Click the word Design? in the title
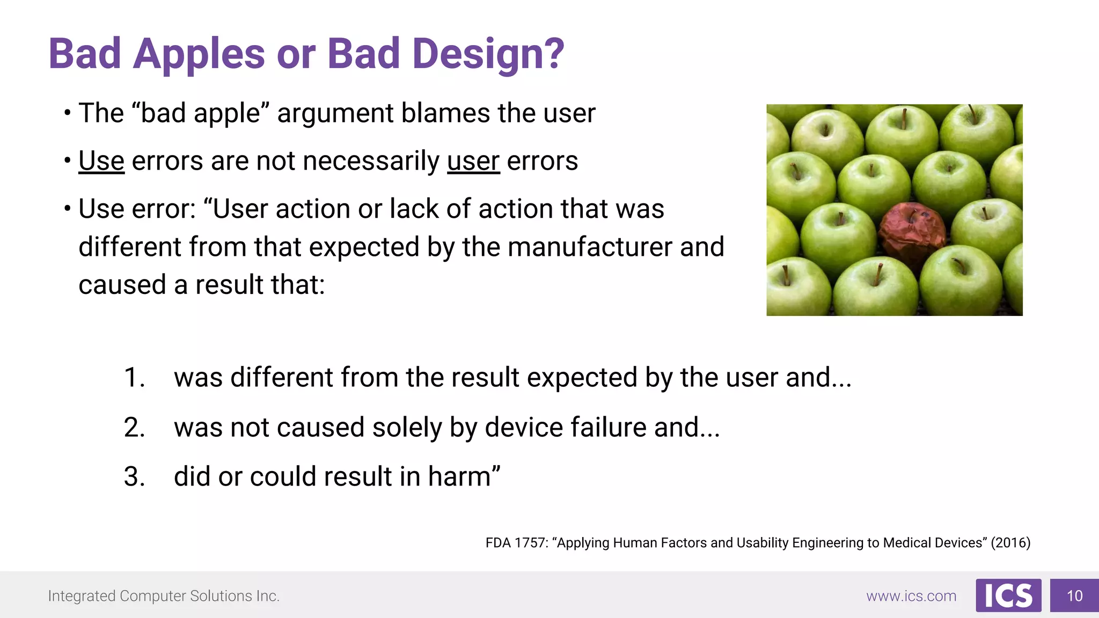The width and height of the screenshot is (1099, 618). pyautogui.click(x=488, y=54)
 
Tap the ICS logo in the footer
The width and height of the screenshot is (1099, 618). pyautogui.click(x=1008, y=595)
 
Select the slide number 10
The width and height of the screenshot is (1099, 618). pyautogui.click(x=1074, y=596)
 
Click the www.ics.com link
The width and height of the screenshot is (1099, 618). pyautogui.click(x=911, y=596)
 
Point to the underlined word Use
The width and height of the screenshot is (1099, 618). pyautogui.click(x=101, y=161)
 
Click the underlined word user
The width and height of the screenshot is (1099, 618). pyautogui.click(x=473, y=161)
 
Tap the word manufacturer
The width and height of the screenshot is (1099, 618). pyautogui.click(x=589, y=247)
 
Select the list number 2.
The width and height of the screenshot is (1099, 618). pyautogui.click(x=134, y=428)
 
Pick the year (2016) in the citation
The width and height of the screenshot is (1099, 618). pyautogui.click(x=1010, y=543)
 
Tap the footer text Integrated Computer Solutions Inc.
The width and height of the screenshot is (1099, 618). pyautogui.click(x=164, y=596)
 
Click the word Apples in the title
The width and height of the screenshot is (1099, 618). pyautogui.click(x=199, y=54)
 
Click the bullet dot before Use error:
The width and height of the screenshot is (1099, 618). pyautogui.click(x=67, y=208)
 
